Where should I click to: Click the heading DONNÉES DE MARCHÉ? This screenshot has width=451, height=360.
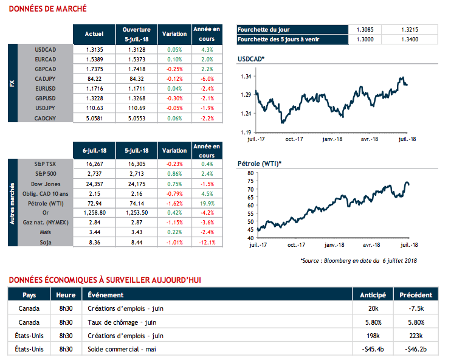[x=47, y=9]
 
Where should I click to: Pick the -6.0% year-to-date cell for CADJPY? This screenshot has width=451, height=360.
[x=206, y=78]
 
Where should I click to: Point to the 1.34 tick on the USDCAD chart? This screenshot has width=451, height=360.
[x=246, y=77]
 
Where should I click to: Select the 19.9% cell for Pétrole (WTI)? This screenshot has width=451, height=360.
[x=206, y=203]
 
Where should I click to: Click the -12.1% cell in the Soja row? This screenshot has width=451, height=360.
[x=206, y=242]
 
